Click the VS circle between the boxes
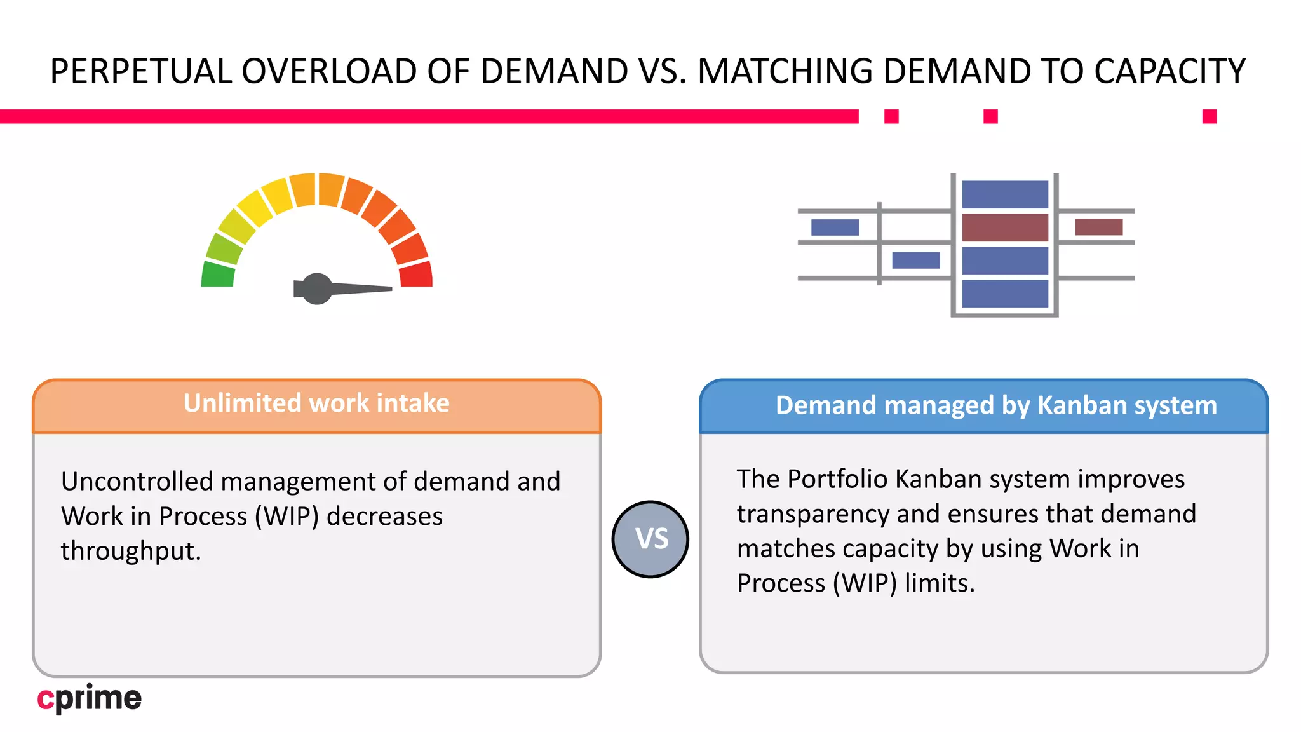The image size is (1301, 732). [x=650, y=539]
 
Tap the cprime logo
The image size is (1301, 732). [x=90, y=698]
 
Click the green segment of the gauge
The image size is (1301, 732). [x=218, y=274]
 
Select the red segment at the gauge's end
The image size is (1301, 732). [x=417, y=274]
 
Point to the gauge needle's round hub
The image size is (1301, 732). [x=317, y=288]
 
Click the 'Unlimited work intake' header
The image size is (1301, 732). [x=316, y=403]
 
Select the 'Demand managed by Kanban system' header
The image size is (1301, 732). [x=996, y=405]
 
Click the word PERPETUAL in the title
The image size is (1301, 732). [x=141, y=71]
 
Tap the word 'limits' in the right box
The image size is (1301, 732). [x=939, y=583]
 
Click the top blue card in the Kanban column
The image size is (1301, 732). [x=1005, y=194]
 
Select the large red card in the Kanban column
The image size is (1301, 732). [x=1005, y=227]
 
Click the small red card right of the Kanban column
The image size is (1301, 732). [x=1098, y=227]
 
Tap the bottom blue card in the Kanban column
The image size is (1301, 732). [x=1005, y=294]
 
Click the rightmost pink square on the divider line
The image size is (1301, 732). [x=1210, y=116]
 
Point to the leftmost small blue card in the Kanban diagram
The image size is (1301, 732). [x=835, y=227]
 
